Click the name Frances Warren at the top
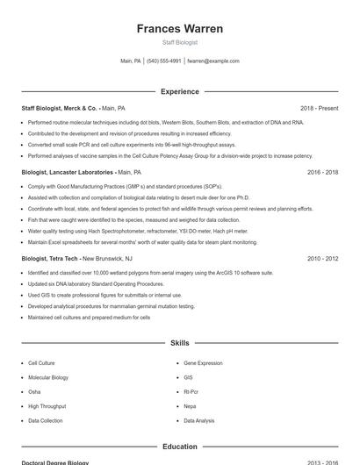(180, 28)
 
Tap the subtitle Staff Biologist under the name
(180, 42)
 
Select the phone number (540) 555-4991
(164, 61)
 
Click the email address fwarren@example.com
(213, 61)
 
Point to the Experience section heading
(180, 90)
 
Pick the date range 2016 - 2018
(322, 173)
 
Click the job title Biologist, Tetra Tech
(49, 259)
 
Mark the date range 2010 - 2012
(322, 259)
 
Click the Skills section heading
(180, 343)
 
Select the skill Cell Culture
(41, 361)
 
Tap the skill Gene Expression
(203, 361)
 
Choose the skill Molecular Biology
(47, 377)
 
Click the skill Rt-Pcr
(191, 392)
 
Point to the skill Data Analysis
(198, 421)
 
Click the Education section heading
(180, 446)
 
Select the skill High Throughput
(47, 406)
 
